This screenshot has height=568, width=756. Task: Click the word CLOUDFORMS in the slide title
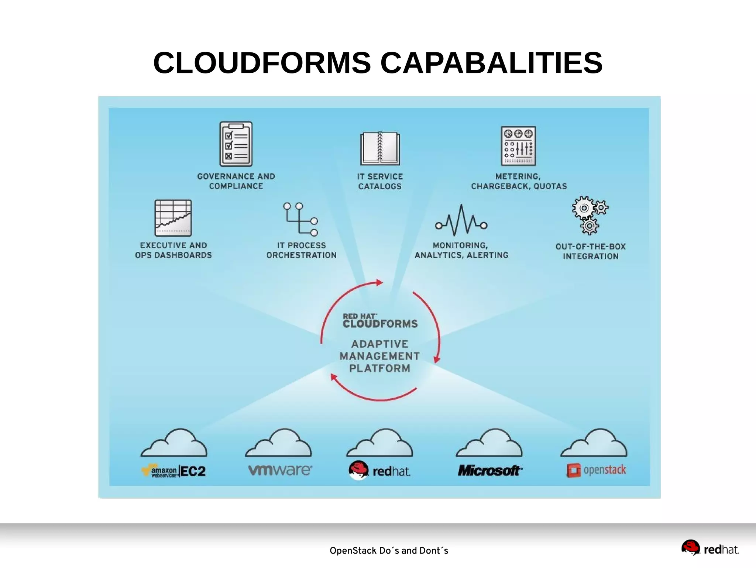tap(262, 63)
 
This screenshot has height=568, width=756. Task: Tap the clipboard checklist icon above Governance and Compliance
tap(236, 144)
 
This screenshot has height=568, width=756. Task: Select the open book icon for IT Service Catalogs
tap(380, 148)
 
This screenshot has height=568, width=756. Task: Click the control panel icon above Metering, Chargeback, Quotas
tap(518, 146)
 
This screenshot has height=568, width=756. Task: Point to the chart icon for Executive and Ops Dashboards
tap(173, 218)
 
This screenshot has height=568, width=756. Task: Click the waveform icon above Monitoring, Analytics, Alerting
tap(461, 220)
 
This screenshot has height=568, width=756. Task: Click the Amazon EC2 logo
tap(174, 471)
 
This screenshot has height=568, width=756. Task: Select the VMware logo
tap(280, 470)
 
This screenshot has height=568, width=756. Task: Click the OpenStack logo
tap(596, 470)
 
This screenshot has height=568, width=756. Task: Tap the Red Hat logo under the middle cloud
tap(379, 471)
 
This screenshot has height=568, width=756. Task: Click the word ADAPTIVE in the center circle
tap(379, 344)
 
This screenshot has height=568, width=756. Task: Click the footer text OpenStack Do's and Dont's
tap(389, 551)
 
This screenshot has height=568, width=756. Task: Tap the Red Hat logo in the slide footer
tap(710, 548)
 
